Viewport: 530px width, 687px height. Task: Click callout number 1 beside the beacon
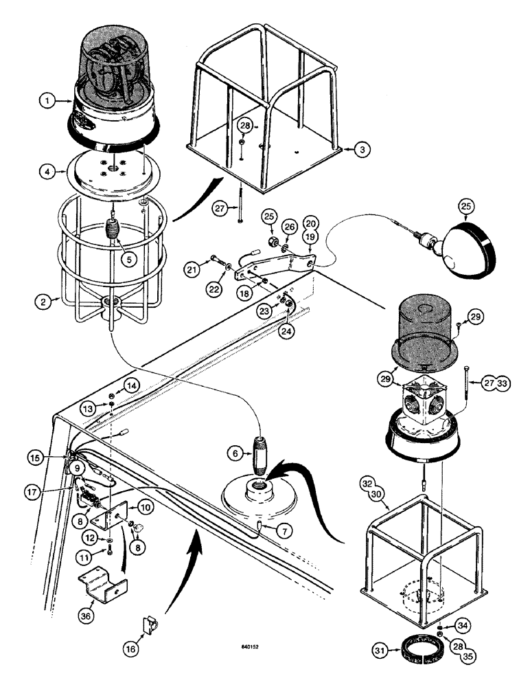click(x=47, y=101)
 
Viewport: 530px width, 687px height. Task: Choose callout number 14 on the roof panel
click(x=113, y=385)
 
